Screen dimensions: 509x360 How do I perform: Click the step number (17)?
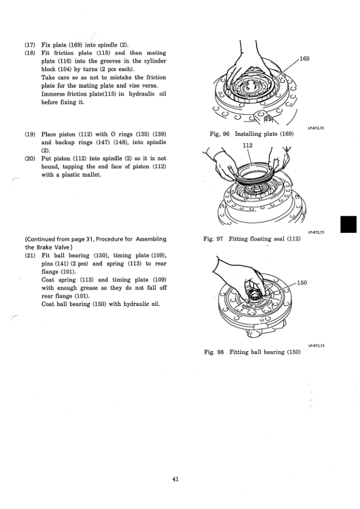(x=30, y=45)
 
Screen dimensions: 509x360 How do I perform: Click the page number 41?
(x=175, y=479)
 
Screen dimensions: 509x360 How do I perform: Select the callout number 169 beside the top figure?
(x=304, y=59)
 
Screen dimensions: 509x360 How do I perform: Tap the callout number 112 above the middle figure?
(x=247, y=146)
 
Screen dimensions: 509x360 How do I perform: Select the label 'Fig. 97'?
(x=214, y=239)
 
